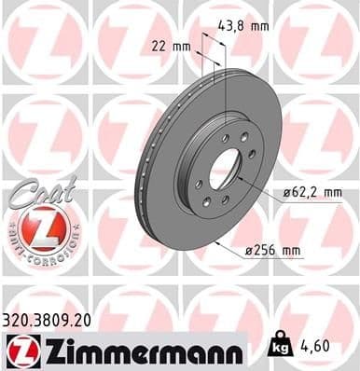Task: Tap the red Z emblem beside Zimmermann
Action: tap(21, 350)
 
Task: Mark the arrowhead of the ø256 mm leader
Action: tap(215, 240)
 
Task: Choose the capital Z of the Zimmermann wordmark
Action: tap(54, 349)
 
